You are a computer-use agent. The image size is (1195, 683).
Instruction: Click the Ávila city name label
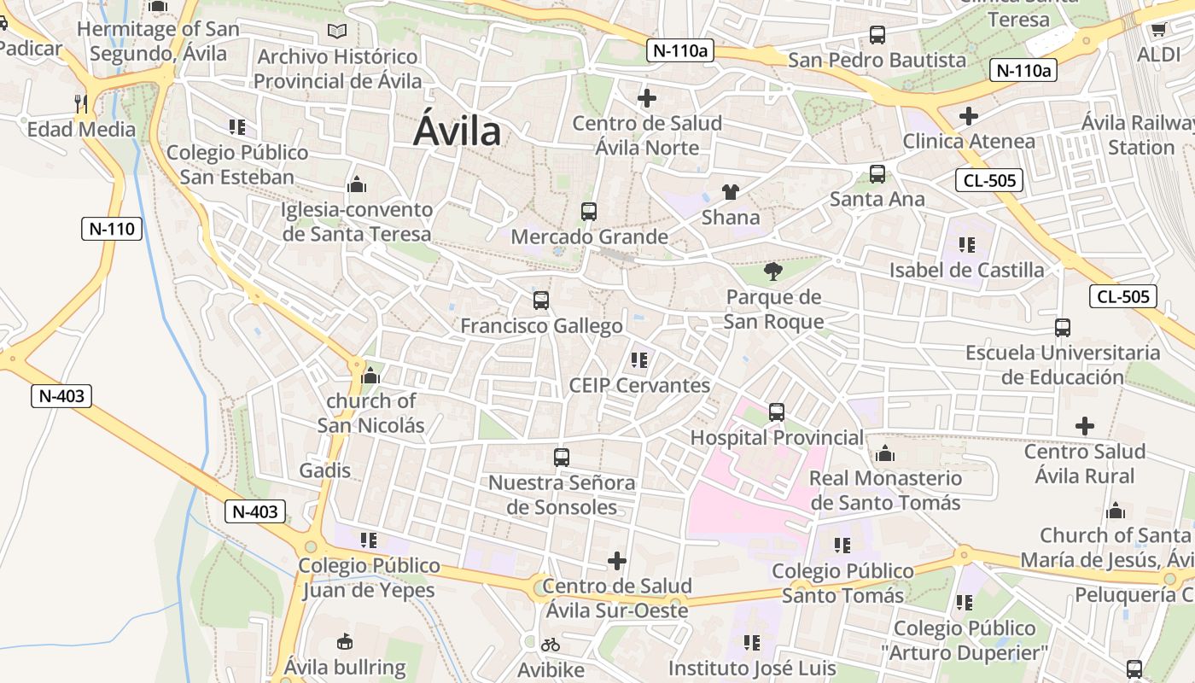click(x=457, y=132)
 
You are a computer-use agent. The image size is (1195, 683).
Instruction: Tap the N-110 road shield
click(x=112, y=229)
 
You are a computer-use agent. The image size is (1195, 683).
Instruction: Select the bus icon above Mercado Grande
click(x=588, y=212)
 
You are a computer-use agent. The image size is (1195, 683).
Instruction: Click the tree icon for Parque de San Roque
click(x=773, y=272)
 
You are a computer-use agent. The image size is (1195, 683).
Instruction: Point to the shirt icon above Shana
click(x=731, y=192)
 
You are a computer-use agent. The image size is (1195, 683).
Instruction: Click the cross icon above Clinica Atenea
click(x=969, y=116)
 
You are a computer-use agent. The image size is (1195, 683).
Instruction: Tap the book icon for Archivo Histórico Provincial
click(x=337, y=32)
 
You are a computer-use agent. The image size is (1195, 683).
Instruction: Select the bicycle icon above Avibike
click(x=551, y=645)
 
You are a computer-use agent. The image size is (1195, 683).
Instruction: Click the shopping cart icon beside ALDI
click(x=1158, y=30)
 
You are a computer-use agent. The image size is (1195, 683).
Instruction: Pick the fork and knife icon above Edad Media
click(x=81, y=104)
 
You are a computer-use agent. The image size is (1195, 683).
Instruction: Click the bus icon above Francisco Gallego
click(x=540, y=301)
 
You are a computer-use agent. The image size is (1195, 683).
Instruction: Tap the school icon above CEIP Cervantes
click(x=639, y=360)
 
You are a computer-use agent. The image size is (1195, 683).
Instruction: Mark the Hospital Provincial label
click(x=777, y=438)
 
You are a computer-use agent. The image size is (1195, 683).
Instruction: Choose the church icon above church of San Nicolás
click(x=370, y=376)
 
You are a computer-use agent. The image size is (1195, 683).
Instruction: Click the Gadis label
click(x=324, y=470)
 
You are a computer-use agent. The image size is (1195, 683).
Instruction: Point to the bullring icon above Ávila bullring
click(x=345, y=641)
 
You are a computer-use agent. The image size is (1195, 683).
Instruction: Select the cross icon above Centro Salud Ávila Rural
click(x=1085, y=425)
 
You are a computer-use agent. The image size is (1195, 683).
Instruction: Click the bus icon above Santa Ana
click(x=877, y=174)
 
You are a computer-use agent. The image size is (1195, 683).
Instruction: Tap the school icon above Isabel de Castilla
click(x=967, y=245)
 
